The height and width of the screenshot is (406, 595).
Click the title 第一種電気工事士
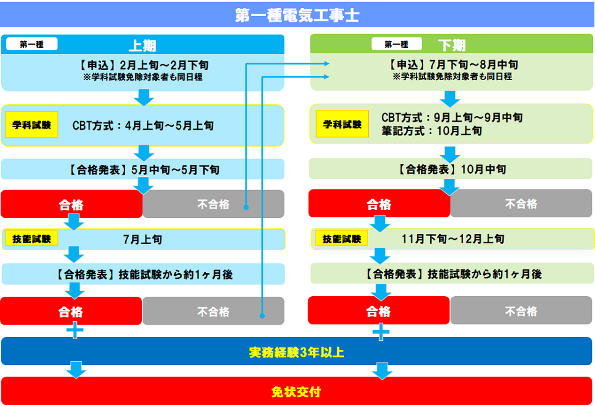point(297,15)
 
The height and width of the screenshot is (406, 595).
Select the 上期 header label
point(142,45)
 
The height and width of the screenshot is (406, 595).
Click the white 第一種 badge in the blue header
point(32,44)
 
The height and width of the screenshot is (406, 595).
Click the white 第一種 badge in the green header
point(396,44)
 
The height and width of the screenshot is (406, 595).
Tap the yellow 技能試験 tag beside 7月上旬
point(31,238)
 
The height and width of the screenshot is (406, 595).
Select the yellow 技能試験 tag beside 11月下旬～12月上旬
point(342,238)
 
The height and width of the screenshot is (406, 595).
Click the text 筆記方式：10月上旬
point(431,131)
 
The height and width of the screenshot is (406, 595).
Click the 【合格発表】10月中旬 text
point(451,169)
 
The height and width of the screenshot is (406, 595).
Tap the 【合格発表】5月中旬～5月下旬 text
point(142,169)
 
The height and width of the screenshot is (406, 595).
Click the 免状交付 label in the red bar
point(297,392)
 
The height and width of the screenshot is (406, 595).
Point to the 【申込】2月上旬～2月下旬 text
point(142,64)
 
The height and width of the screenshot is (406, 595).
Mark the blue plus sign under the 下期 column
point(381,332)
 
